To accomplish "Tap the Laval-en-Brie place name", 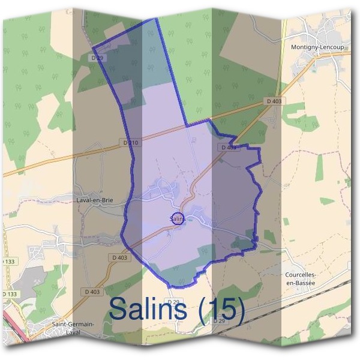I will coord(95,200).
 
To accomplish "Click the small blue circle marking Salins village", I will coord(176,218).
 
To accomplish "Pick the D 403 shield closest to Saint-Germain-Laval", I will coord(92,292).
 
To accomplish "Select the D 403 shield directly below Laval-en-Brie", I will coord(119,257).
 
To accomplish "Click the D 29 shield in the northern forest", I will coord(98,58).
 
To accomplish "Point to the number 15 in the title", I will coord(219,310).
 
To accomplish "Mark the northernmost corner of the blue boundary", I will coord(157,19).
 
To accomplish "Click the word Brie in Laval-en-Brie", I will coord(107,200).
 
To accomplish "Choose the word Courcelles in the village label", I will coord(301,275).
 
